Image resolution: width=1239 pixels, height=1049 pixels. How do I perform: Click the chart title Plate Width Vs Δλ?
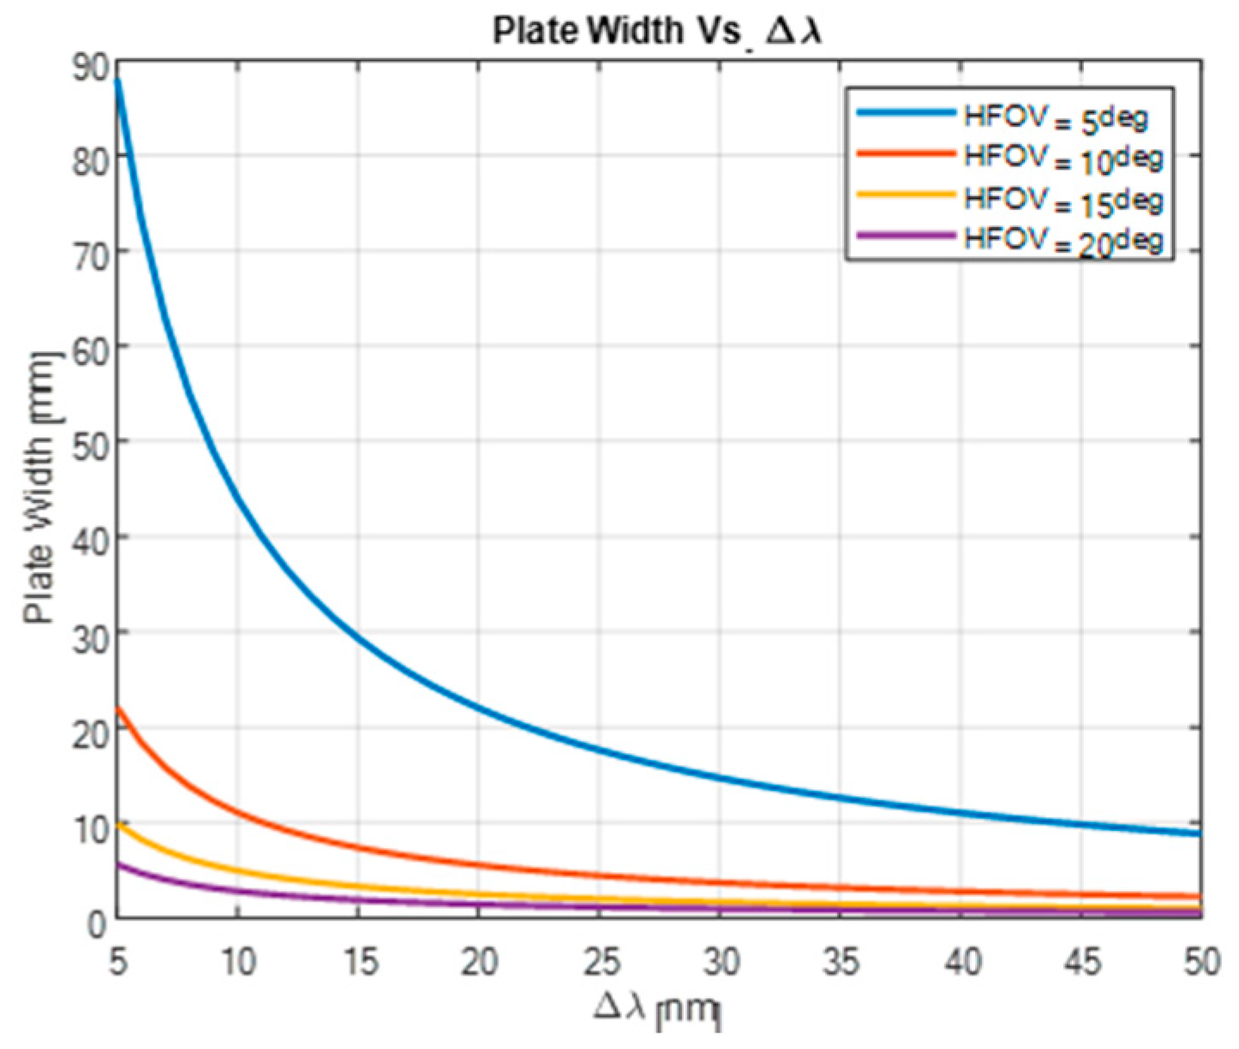(x=657, y=31)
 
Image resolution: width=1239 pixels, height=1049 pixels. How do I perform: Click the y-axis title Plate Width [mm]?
(x=40, y=488)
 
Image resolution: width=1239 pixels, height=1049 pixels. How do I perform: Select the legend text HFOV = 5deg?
(x=1055, y=118)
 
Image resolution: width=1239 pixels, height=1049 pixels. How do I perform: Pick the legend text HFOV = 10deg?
(x=1063, y=159)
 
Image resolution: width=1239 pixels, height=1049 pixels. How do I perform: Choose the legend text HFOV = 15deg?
(x=1063, y=199)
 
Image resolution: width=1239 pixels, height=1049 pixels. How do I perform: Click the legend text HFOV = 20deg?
(x=1063, y=240)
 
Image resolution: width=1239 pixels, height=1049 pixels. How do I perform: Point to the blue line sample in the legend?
(x=905, y=112)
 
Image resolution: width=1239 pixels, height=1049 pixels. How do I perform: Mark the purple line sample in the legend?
(x=905, y=235)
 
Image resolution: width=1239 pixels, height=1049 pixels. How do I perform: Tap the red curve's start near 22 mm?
(x=119, y=709)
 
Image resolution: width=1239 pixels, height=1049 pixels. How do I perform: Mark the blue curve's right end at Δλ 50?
(x=1198, y=833)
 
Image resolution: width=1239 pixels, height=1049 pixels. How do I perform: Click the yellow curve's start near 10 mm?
(x=119, y=825)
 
